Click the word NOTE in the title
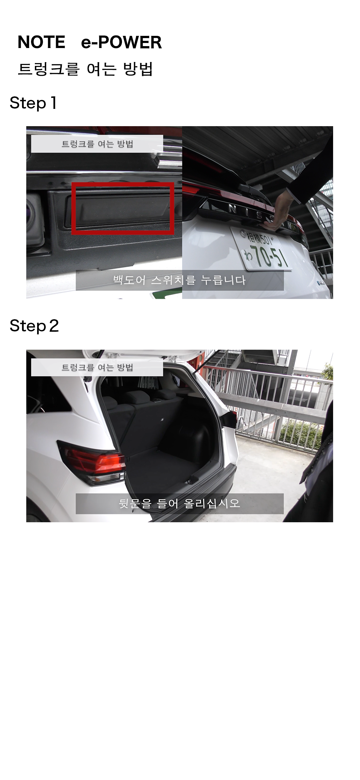point(41,42)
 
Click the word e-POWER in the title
point(121,42)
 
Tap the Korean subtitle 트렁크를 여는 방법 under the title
point(85,69)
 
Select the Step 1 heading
point(33,103)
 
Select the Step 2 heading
point(34,326)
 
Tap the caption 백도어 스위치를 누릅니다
point(180,280)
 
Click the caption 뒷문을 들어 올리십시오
point(180,504)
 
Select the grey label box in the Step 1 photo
point(97,144)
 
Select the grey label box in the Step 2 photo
point(97,367)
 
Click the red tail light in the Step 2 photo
point(93,461)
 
